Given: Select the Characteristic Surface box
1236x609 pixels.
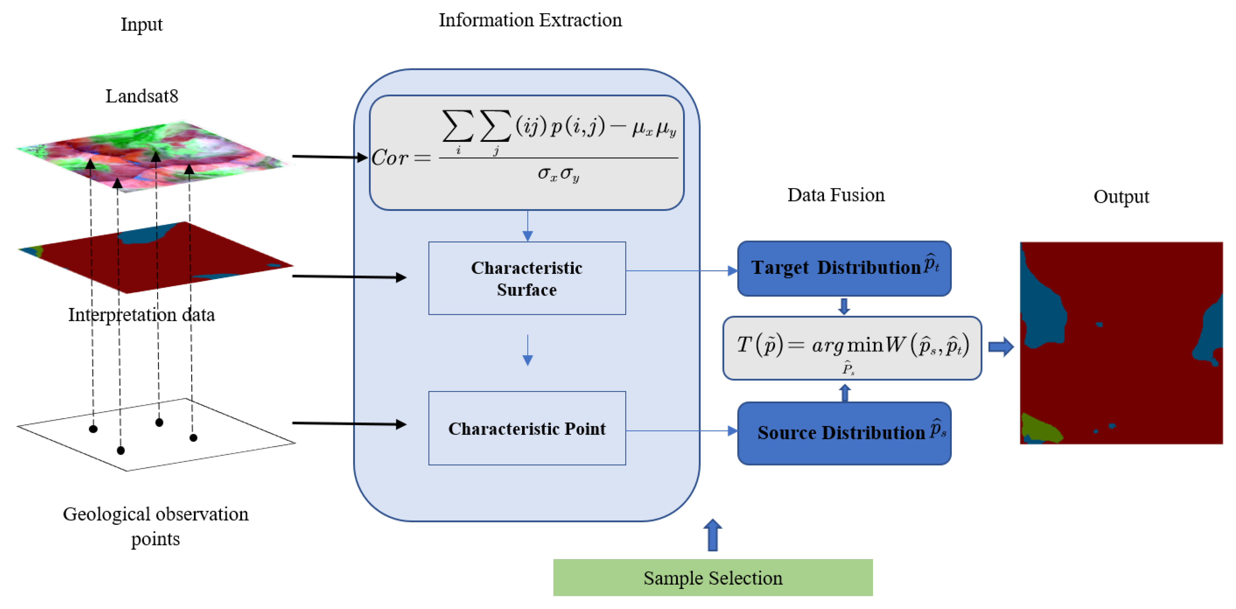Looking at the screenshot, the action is coord(527,278).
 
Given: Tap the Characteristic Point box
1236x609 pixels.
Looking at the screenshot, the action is coord(527,428).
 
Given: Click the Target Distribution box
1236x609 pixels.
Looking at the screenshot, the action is coord(844,269).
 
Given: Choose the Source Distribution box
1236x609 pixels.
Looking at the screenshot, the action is coord(844,433).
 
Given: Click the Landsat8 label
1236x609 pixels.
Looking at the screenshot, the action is coord(142,96).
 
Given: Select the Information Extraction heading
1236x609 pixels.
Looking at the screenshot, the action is coord(530,20).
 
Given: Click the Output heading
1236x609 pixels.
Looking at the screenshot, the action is coord(1121,197).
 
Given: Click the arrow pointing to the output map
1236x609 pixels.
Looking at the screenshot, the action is coord(1001,347).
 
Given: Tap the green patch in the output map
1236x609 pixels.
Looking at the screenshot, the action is coord(1040,428).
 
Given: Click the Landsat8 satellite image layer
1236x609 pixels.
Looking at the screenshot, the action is coord(154,156).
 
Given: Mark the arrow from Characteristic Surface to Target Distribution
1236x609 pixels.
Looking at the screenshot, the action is coord(682,271).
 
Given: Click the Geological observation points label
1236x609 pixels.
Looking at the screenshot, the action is coord(156,526).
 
